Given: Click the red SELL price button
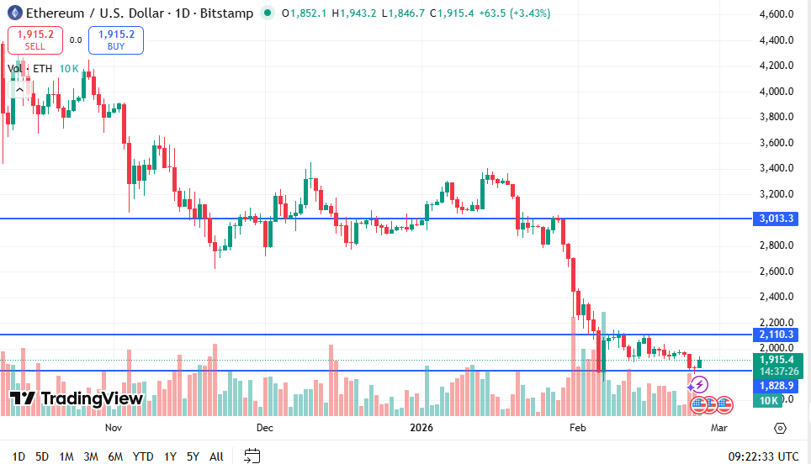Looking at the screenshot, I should click(34, 40).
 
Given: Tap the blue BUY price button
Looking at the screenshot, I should click(116, 40).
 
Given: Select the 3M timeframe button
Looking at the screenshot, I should click(91, 456).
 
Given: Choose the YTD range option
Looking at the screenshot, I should click(142, 456).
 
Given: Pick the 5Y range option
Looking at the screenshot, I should click(193, 456).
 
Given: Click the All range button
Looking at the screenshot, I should click(216, 456).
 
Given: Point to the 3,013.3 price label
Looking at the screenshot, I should click(777, 219).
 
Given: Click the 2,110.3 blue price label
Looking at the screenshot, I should click(777, 335).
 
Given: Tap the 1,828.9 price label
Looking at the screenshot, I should click(777, 385).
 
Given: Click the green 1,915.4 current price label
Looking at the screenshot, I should click(777, 360).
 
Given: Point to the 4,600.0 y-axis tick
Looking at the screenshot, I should click(777, 14).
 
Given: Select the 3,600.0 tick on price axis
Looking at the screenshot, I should click(777, 143).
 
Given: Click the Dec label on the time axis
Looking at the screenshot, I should click(265, 428).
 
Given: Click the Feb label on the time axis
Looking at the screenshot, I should click(577, 428).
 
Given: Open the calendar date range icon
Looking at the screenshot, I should click(252, 456).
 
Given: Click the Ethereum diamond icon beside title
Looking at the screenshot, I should click(14, 13).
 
